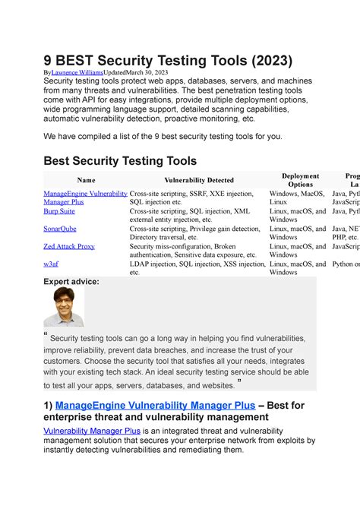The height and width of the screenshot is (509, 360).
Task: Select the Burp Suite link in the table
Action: [58, 211]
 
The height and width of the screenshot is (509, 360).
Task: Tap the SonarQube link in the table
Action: [60, 229]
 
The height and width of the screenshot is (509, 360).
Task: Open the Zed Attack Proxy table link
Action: [69, 246]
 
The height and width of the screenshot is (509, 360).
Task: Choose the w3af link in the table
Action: [52, 264]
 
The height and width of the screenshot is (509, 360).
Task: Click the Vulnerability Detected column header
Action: [198, 180]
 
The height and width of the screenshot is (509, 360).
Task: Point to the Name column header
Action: [86, 180]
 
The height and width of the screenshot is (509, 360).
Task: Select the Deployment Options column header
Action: [301, 180]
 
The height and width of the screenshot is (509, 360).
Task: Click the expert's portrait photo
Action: [64, 306]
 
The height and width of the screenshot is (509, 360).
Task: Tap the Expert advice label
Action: [71, 281]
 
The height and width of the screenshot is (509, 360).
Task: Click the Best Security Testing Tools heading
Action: [120, 160]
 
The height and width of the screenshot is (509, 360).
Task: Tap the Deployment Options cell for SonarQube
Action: [297, 233]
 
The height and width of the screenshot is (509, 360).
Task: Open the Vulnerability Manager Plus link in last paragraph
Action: [86, 431]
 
